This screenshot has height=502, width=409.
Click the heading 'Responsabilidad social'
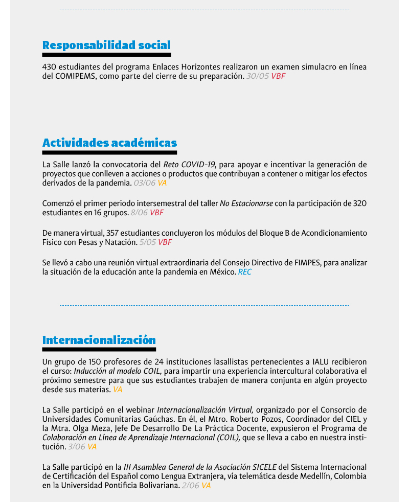click(106, 45)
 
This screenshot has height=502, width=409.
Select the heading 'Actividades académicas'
click(109, 143)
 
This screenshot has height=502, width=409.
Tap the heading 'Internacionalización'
click(99, 340)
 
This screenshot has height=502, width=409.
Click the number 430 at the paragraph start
click(49, 67)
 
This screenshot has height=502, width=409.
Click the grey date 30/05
click(257, 76)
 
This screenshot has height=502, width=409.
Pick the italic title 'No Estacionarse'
click(246, 203)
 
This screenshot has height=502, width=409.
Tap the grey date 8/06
click(139, 213)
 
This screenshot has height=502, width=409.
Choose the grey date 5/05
click(148, 242)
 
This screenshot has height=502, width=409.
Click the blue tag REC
click(245, 272)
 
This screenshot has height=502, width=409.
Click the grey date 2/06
click(190, 486)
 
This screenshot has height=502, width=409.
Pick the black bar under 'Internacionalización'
click(99, 350)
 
